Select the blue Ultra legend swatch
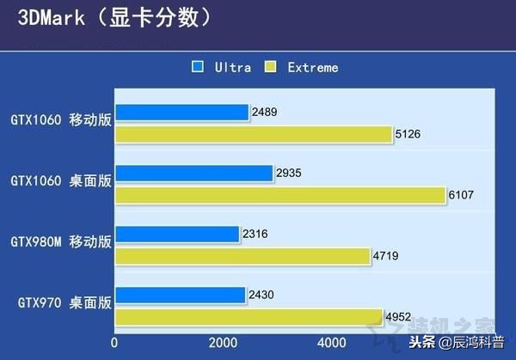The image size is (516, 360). [198, 66]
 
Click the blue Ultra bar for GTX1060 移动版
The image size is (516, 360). [181, 112]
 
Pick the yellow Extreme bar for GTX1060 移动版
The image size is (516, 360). [253, 134]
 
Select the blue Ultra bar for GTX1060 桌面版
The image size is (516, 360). [193, 173]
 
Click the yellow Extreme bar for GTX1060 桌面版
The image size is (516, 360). [279, 196]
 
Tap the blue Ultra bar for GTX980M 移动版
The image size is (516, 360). [176, 234]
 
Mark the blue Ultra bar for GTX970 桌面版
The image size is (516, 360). [180, 296]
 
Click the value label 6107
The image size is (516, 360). [462, 196]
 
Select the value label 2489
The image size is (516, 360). [265, 112]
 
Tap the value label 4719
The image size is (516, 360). [386, 256]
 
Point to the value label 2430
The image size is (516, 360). [262, 296]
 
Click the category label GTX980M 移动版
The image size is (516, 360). [60, 242]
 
